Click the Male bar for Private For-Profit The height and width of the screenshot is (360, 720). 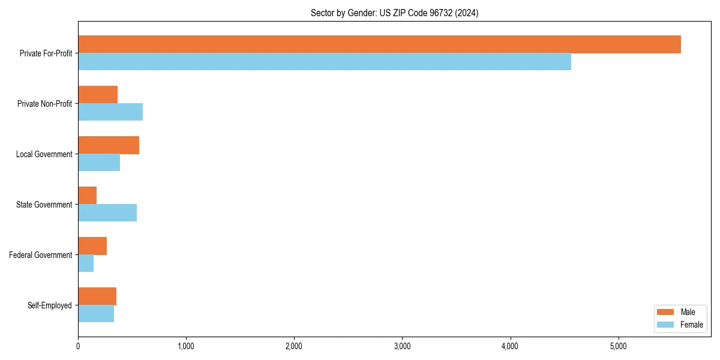pos(379,44)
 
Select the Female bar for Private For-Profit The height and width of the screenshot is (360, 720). pos(325,62)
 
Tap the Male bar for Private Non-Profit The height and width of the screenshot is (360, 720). pos(98,95)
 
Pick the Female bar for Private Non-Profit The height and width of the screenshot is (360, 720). pos(110,112)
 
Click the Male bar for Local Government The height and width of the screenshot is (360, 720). pos(109,145)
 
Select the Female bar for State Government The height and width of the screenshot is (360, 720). pos(107,213)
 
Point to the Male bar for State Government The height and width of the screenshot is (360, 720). pos(88,196)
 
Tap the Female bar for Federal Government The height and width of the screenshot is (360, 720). pos(86,263)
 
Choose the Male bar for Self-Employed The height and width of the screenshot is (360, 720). pos(97,296)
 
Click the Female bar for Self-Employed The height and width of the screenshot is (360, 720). pos(96,314)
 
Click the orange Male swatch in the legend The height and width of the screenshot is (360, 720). pos(666,312)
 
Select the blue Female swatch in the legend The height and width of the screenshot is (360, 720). pos(666,325)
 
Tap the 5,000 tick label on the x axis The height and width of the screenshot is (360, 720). pos(618,346)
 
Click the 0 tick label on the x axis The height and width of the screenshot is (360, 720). pos(78,346)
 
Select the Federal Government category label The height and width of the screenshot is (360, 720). pos(41,255)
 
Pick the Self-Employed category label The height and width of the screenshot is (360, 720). pos(50,305)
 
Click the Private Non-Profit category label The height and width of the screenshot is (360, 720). pos(44,104)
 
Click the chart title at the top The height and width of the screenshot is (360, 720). pos(394,13)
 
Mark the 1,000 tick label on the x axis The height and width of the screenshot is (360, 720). pos(186,346)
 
